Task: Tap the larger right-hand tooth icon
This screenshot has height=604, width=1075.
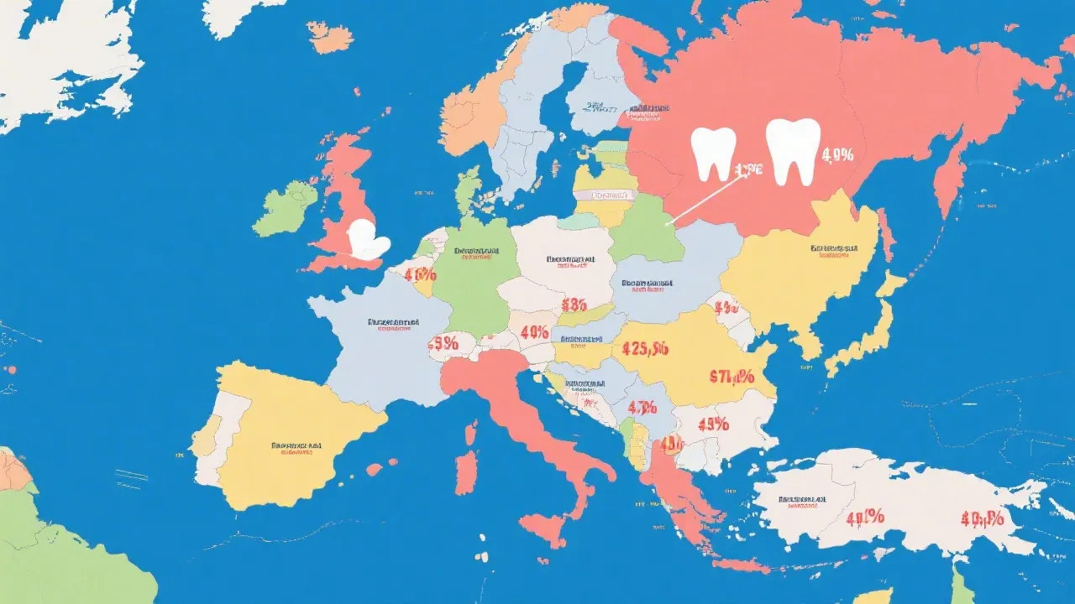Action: (x=793, y=150)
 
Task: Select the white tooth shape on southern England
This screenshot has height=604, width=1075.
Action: (x=368, y=239)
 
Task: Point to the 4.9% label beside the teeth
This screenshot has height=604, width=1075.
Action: (x=837, y=154)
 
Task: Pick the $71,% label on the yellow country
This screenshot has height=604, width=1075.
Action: (x=731, y=377)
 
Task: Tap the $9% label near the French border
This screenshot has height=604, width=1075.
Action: (x=443, y=342)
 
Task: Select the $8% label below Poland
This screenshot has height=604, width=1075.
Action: (x=574, y=304)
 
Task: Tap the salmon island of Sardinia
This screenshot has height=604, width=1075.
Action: (x=465, y=473)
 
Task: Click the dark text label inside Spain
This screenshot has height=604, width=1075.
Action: (x=296, y=445)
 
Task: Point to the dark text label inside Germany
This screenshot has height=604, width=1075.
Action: (x=475, y=251)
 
